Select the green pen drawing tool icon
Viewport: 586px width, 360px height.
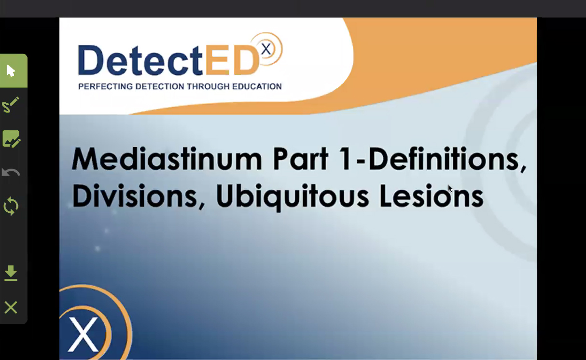click(x=11, y=105)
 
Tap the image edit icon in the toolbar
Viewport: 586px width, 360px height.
click(x=11, y=138)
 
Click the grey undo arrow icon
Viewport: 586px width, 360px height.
click(x=11, y=172)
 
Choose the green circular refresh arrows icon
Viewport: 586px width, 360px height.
click(x=11, y=206)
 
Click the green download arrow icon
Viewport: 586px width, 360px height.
click(x=11, y=273)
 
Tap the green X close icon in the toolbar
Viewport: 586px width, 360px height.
click(x=11, y=307)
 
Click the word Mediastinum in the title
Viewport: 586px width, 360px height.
click(x=167, y=159)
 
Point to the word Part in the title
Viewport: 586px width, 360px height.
click(x=301, y=159)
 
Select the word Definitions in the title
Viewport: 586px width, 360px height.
click(x=447, y=159)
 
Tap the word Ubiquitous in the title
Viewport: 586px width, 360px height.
click(x=293, y=197)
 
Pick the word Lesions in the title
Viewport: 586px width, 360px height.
click(x=432, y=196)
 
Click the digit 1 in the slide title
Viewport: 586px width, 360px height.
click(x=345, y=159)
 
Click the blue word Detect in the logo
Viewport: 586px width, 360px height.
click(x=140, y=60)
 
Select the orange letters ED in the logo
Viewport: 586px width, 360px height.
click(x=232, y=60)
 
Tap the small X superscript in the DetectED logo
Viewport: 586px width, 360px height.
click(x=266, y=49)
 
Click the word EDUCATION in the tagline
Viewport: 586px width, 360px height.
click(x=257, y=86)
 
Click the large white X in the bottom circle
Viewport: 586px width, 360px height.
click(x=83, y=334)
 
